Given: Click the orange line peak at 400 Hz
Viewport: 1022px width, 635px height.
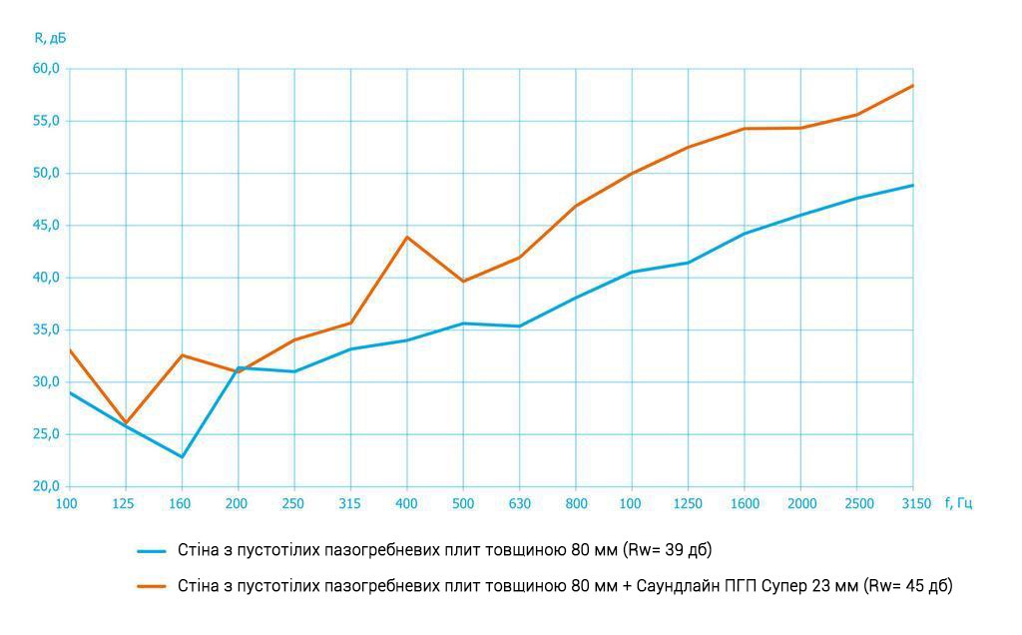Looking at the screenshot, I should [407, 237].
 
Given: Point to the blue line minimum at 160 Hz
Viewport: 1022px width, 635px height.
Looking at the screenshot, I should [182, 457].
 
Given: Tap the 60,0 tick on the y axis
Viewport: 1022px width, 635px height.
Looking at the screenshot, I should [46, 69].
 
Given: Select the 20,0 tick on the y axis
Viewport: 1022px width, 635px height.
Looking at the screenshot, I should [46, 486].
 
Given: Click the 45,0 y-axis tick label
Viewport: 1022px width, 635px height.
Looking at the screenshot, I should [46, 226].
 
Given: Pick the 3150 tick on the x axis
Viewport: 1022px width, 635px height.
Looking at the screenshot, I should [913, 503].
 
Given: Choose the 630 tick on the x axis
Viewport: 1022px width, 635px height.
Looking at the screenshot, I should [520, 503].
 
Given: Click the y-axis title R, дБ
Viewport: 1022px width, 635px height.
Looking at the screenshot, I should [51, 38].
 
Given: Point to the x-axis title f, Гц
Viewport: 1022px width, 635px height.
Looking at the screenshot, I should [958, 503].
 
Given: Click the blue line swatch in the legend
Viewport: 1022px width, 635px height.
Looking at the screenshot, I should [151, 550].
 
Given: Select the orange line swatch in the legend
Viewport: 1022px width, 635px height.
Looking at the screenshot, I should [151, 586].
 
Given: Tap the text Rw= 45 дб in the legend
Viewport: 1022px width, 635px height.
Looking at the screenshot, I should [908, 586].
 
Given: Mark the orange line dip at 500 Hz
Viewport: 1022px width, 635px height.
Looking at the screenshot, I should [463, 281].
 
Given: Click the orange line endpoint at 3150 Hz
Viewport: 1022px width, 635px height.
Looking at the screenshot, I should [912, 86].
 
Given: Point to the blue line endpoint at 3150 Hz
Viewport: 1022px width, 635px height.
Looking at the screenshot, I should [912, 185].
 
